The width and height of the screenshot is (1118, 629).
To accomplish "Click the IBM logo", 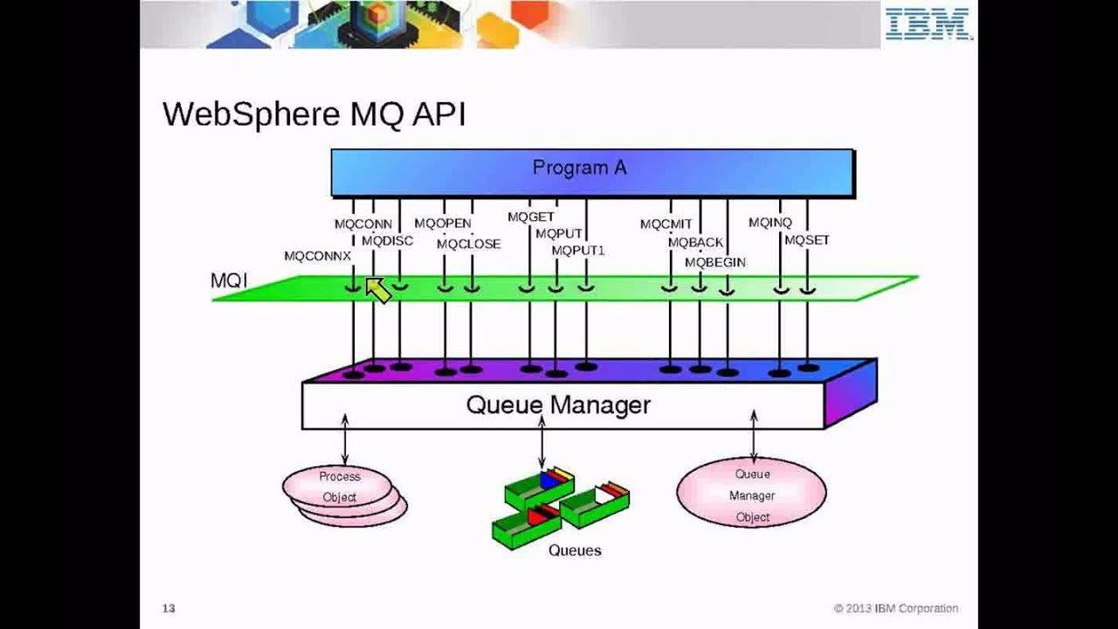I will pos(928,24).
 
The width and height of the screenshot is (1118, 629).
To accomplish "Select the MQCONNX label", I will pos(317,256).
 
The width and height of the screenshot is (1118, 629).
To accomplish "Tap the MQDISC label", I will pos(387,240).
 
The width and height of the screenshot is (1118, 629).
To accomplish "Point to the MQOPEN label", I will pos(442,224).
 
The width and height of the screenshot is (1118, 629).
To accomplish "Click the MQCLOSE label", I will pos(468,244).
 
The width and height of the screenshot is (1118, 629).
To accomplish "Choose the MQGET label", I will pos(530,217).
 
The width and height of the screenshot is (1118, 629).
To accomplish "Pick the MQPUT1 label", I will pos(577,251).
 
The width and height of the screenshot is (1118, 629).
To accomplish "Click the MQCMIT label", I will pos(666,225).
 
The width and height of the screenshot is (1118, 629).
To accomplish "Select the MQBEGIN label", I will pos(714,262).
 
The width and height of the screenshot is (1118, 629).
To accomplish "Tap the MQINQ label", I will pos(769,223).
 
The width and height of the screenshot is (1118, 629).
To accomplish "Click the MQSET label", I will pos(806,239).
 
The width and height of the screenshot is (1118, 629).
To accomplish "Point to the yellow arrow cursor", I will pos(377,290).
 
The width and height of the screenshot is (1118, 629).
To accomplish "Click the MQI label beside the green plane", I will pos(229,280).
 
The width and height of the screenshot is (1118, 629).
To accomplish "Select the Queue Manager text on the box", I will pos(557,405).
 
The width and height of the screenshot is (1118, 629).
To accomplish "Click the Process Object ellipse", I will pos(339,487).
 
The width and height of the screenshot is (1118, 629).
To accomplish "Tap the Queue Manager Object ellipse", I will pos(751,494).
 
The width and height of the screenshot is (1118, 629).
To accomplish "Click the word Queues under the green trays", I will pos(574,550).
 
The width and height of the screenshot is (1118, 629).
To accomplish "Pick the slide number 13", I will pos(169,608).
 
